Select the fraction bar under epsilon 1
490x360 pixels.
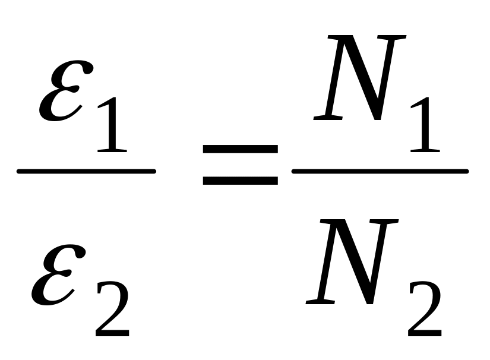86,172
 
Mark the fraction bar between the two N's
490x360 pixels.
380,172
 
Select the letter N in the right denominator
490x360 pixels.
350,261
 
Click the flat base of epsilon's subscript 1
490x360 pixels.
110,150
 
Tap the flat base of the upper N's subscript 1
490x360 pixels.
423,150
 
